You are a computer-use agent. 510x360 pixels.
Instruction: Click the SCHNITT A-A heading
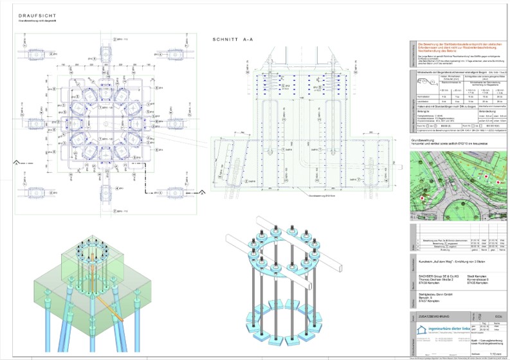point(233,39)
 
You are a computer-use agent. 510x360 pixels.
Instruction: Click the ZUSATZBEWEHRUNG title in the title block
point(430,318)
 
